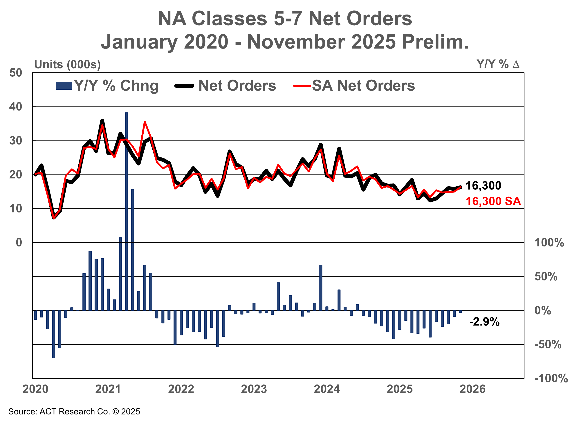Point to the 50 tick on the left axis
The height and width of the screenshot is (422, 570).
16,73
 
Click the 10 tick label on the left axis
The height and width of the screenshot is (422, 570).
16,209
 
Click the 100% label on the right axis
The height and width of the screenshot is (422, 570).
549,242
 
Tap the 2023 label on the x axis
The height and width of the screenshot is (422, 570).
254,389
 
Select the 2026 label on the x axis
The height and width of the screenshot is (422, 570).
472,389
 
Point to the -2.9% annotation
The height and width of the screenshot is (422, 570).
484,322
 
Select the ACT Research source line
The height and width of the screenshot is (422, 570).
74,412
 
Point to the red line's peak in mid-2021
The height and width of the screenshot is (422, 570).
145,122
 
